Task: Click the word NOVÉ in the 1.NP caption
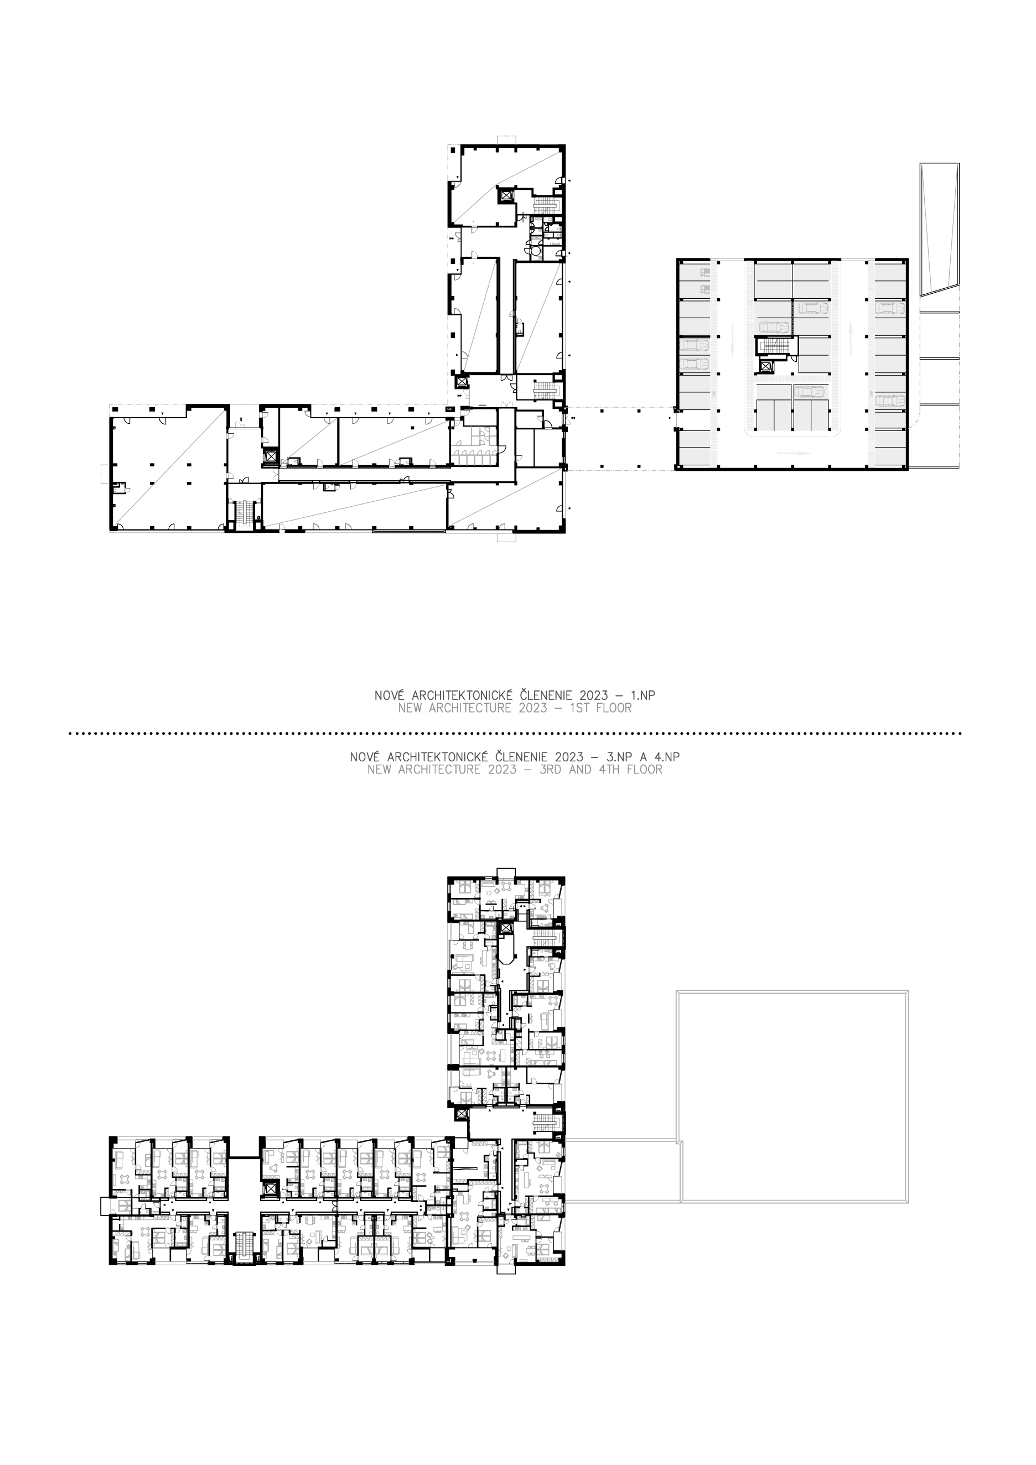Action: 390,695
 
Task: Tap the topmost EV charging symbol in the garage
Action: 704,272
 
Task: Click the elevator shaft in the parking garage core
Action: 766,367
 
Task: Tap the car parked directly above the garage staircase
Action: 774,328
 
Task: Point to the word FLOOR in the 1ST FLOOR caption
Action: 612,708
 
